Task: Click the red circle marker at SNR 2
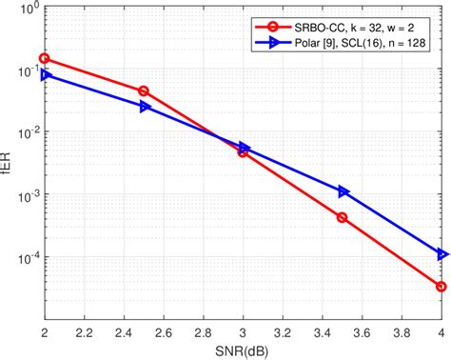[44, 58]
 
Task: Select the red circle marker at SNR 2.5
[144, 91]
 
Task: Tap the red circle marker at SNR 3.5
[343, 217]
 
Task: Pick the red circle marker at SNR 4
[441, 286]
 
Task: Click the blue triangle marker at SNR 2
[45, 74]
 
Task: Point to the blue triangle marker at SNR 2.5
[145, 107]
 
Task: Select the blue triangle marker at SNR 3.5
[343, 191]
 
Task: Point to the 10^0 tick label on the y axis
[27, 10]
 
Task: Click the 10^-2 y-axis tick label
[27, 134]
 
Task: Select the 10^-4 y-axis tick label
[27, 258]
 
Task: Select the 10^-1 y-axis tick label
[27, 72]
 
